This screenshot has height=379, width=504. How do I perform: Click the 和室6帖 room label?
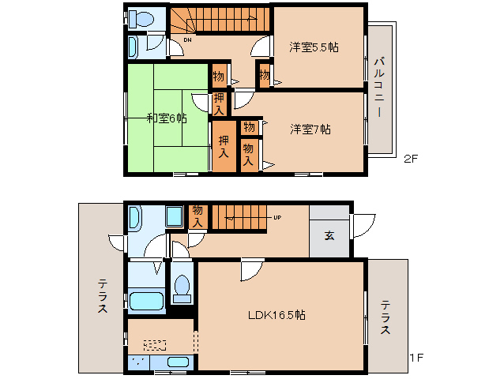[167, 118]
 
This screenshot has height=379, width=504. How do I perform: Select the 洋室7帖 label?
[309, 128]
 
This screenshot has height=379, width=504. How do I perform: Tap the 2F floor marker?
[410, 158]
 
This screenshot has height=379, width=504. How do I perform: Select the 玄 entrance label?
[329, 235]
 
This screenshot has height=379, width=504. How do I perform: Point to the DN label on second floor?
[188, 39]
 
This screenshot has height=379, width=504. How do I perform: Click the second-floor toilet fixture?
[143, 17]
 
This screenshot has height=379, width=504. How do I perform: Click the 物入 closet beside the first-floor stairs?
[197, 216]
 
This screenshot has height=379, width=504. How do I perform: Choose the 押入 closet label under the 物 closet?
[220, 103]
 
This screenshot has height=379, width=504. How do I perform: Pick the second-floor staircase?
[221, 19]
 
